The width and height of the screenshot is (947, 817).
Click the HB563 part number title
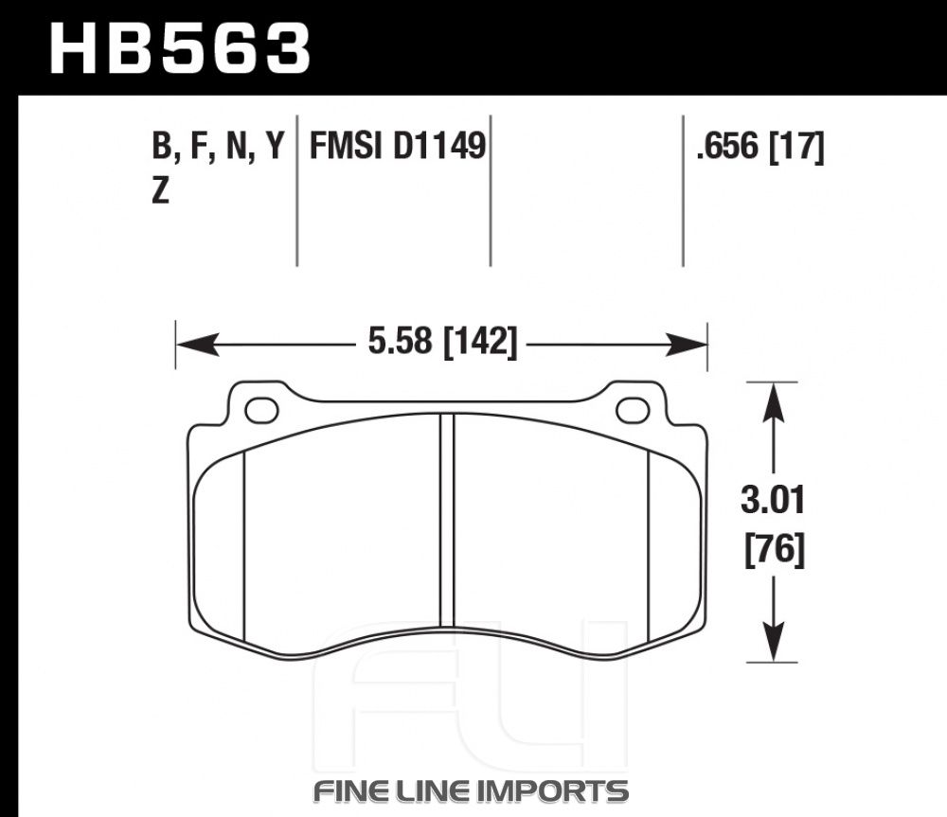pos(179,49)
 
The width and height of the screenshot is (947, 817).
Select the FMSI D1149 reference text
pos(398,146)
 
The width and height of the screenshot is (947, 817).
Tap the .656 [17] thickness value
pos(759,147)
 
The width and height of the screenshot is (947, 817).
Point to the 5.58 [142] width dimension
pos(442,342)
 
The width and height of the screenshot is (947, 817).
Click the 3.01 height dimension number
pos(773,501)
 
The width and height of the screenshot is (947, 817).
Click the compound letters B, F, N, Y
pos(218,147)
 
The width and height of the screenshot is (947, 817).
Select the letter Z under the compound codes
pos(160,191)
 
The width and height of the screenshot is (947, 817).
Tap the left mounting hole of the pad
pos(261,411)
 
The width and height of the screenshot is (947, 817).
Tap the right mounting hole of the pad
pos(633,411)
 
